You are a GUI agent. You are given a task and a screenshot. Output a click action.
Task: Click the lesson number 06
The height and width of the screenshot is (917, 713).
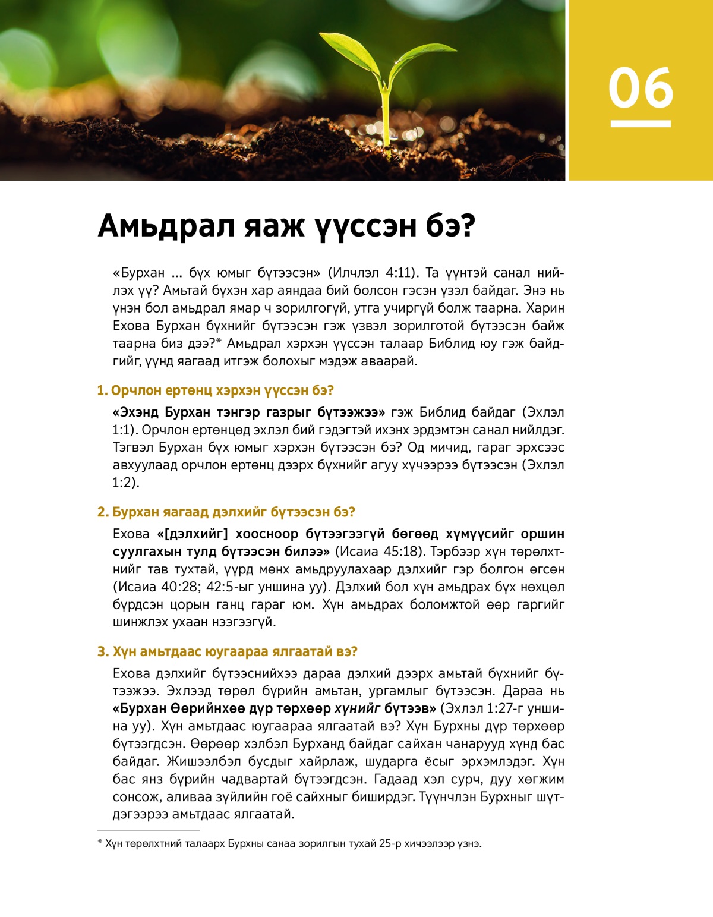click(641, 88)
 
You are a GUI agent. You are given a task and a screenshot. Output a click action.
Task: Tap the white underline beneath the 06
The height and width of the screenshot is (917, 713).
click(641, 124)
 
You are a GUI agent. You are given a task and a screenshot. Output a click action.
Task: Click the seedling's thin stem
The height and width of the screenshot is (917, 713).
click(386, 119)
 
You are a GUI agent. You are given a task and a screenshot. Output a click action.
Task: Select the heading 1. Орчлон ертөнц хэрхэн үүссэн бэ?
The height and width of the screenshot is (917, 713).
click(215, 390)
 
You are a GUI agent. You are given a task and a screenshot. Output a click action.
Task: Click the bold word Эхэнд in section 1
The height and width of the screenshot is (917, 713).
click(137, 412)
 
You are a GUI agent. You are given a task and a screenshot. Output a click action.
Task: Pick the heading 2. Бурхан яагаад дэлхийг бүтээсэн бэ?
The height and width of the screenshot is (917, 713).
click(226, 512)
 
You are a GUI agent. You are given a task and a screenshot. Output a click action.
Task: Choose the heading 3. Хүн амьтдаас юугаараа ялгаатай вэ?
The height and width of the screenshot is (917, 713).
click(227, 652)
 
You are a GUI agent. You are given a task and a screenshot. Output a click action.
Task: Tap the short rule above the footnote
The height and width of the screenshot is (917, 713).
click(148, 830)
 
